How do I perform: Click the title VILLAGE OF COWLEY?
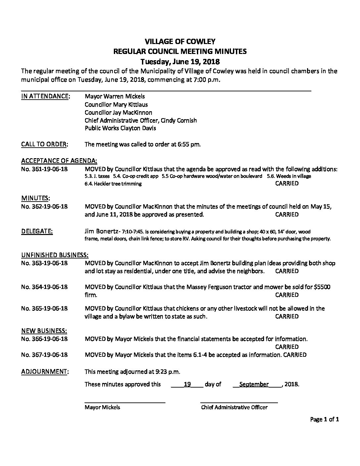pyautogui.click(x=180, y=41)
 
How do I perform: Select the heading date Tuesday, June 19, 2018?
pyautogui.click(x=180, y=61)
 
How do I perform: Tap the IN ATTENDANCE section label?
pyautogui.click(x=45, y=96)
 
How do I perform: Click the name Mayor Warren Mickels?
pyautogui.click(x=114, y=96)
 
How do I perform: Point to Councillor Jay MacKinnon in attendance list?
pyautogui.click(x=118, y=112)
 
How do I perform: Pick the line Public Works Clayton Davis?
pyautogui.click(x=120, y=128)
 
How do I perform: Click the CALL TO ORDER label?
pyautogui.click(x=45, y=144)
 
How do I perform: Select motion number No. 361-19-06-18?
pyautogui.click(x=44, y=169)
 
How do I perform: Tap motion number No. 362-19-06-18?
pyautogui.click(x=44, y=207)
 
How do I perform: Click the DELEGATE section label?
pyautogui.click(x=37, y=231)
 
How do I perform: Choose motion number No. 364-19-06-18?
pyautogui.click(x=44, y=287)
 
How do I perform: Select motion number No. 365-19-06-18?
pyautogui.click(x=44, y=308)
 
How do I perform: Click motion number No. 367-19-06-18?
pyautogui.click(x=44, y=355)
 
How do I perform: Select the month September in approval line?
pyautogui.click(x=254, y=384)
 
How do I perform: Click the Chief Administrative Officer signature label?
pyautogui.click(x=234, y=407)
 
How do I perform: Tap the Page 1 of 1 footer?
pyautogui.click(x=325, y=420)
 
